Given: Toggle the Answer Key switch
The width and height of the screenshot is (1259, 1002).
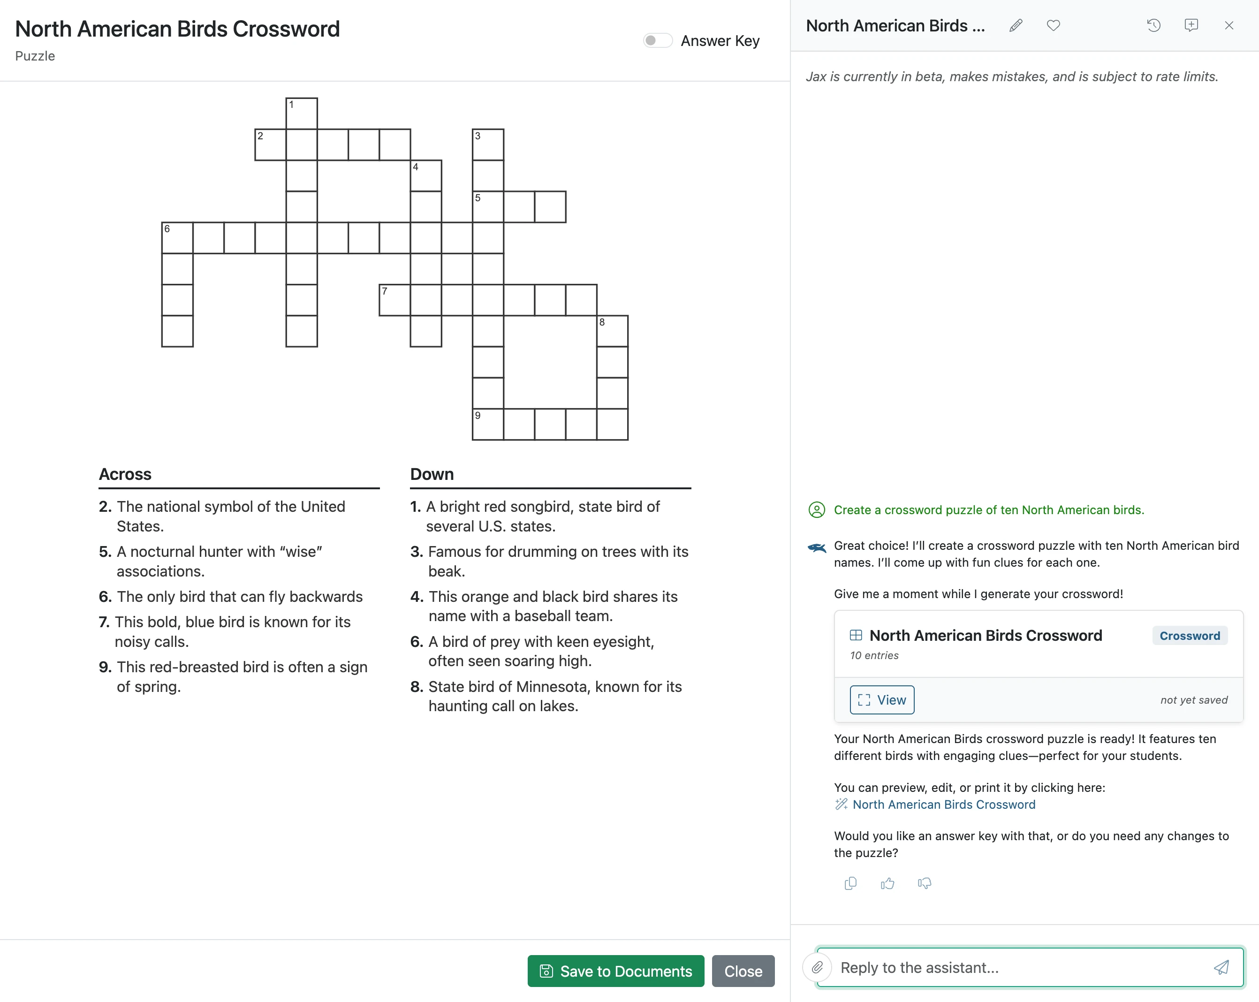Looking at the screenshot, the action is [x=658, y=40].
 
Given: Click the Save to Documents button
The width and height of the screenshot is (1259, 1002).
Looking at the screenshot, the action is [x=615, y=971].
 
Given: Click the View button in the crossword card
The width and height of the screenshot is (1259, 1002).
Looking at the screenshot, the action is [x=882, y=699].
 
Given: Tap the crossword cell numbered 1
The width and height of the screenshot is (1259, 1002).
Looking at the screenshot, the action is [x=301, y=113].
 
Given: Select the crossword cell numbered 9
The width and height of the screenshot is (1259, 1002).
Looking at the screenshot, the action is [x=487, y=424].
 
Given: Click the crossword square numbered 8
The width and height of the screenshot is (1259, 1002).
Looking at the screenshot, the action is [x=612, y=331].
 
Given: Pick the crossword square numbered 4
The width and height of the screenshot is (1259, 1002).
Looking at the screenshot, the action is [x=426, y=176].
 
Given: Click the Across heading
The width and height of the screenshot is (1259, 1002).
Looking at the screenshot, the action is [x=125, y=474].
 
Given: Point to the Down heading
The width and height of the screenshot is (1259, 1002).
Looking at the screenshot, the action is [x=432, y=474].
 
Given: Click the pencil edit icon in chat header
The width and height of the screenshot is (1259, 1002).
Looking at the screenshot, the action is [x=1016, y=26].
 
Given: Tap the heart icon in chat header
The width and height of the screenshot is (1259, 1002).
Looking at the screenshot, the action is [x=1053, y=26].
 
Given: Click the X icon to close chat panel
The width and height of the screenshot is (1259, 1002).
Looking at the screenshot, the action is [x=1229, y=26].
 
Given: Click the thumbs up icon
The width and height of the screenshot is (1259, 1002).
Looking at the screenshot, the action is [x=887, y=883].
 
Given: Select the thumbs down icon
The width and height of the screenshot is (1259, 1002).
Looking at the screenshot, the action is [x=925, y=883].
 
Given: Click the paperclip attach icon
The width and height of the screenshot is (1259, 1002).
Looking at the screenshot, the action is [x=817, y=968].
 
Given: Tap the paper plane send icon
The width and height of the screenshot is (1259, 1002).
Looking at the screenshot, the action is [x=1221, y=968].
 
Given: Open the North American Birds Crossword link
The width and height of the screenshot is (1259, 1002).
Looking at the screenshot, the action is [x=944, y=804].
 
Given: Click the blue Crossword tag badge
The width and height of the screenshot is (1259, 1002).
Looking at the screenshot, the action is [x=1190, y=635].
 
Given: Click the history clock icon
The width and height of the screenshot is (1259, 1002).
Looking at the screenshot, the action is [x=1153, y=26].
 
